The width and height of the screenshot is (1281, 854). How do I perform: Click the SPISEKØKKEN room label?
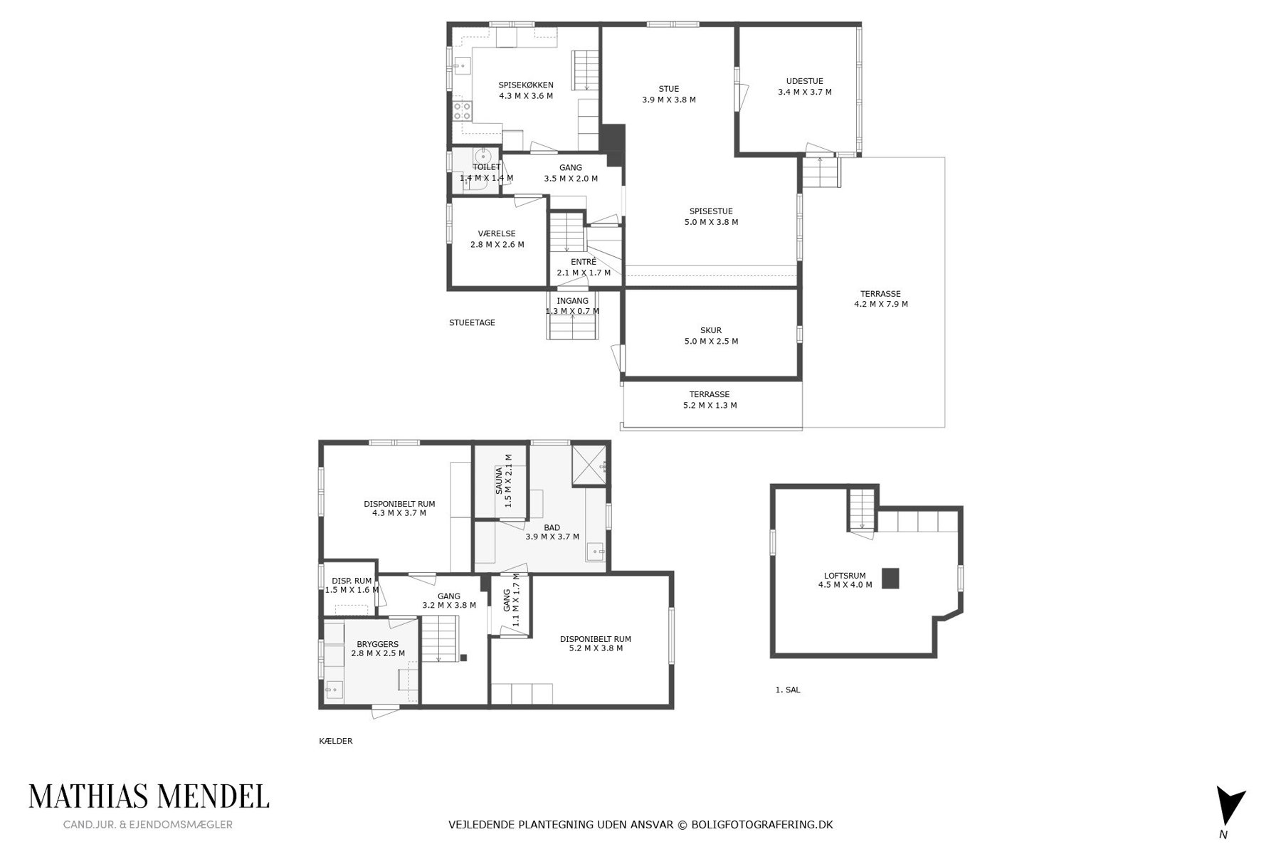tap(526, 85)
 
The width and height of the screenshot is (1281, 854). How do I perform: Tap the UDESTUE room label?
tap(805, 81)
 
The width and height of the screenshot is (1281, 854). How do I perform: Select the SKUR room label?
tap(711, 330)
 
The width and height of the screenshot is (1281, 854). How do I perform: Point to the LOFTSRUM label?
tap(845, 576)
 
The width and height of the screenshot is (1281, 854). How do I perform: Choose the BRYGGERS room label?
tap(378, 643)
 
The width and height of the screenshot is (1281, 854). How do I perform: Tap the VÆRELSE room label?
tap(497, 233)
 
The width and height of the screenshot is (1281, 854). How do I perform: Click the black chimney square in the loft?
tap(890, 578)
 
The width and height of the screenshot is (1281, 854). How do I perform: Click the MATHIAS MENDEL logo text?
tap(149, 796)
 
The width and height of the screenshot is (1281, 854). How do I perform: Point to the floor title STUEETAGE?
tap(472, 322)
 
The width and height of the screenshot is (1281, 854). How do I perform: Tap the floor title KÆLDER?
tap(336, 741)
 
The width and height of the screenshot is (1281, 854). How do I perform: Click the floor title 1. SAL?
tap(788, 690)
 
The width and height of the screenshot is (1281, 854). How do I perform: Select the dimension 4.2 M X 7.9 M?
tap(881, 304)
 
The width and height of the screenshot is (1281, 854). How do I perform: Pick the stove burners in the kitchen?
tap(462, 110)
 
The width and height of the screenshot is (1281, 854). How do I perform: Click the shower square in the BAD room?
tap(589, 465)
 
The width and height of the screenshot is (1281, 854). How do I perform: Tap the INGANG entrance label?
tap(572, 301)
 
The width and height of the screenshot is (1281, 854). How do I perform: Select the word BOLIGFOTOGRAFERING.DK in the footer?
tap(762, 825)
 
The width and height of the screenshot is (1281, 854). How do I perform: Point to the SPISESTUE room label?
tap(711, 211)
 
